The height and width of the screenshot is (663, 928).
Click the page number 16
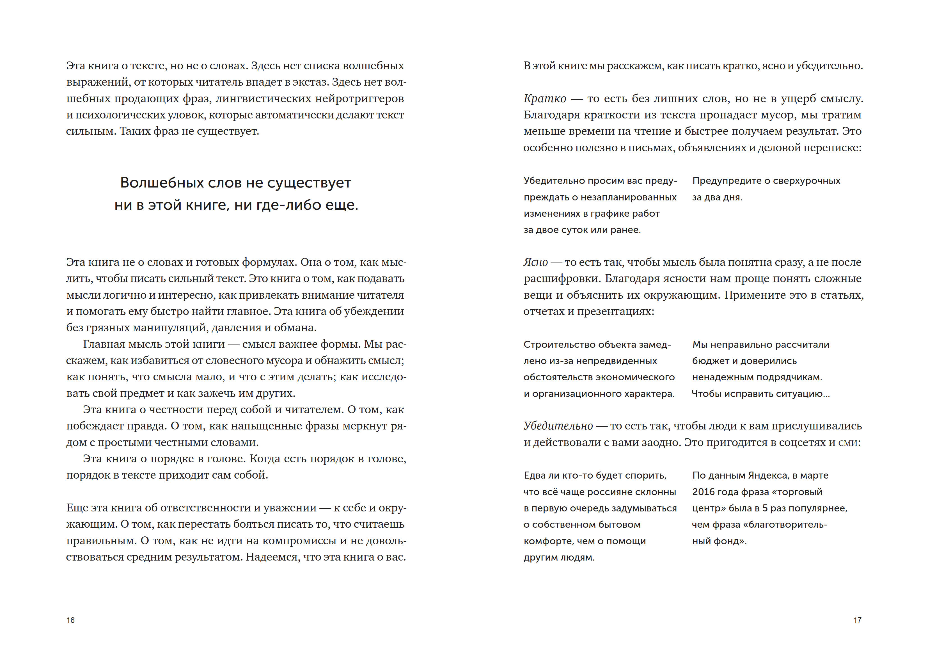(71, 620)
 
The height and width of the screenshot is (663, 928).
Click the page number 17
(857, 620)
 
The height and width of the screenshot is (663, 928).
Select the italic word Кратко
(544, 99)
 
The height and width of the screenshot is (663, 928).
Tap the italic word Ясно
(535, 262)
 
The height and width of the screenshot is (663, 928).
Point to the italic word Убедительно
(558, 426)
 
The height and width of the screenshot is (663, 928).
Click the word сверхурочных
(801, 181)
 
